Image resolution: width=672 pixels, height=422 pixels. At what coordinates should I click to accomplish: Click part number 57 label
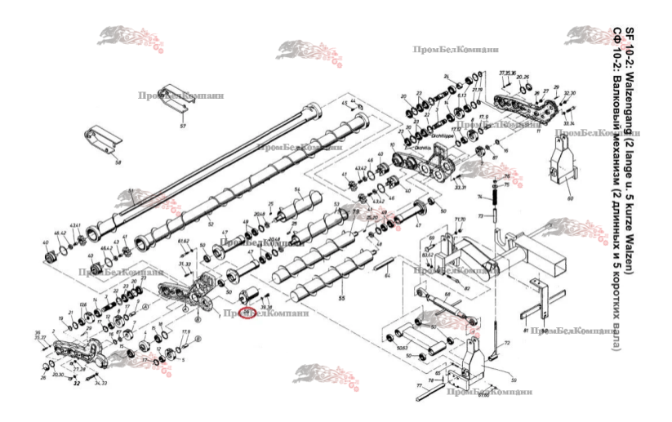pyautogui.click(x=183, y=127)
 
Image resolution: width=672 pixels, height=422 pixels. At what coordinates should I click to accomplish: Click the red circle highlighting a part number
pyautogui.click(x=246, y=314)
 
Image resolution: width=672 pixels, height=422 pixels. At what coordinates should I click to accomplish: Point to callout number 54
pyautogui.click(x=298, y=189)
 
